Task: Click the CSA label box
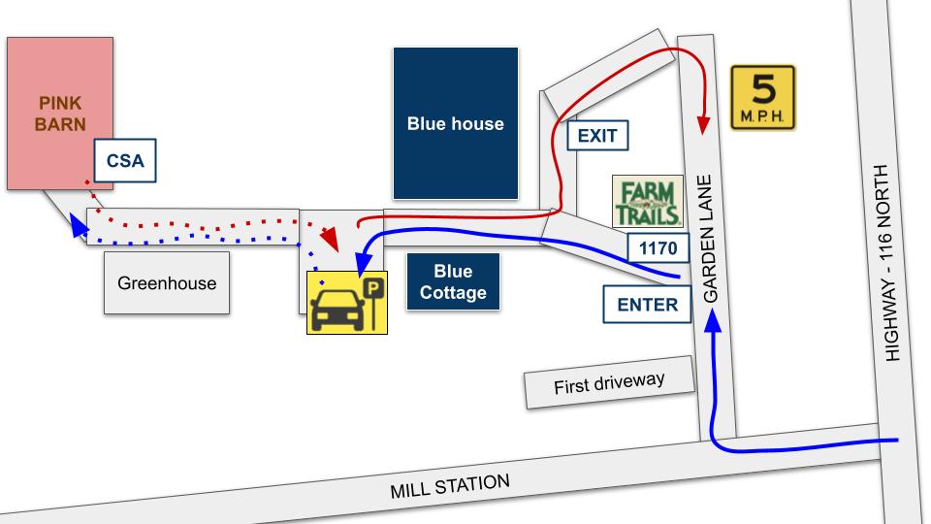click(125, 161)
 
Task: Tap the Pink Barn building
click(60, 113)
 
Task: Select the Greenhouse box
click(167, 283)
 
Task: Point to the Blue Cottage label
click(453, 281)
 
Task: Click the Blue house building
click(455, 123)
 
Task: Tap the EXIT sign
click(597, 135)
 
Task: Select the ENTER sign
click(648, 304)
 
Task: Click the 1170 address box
click(658, 248)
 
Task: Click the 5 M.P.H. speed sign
click(762, 98)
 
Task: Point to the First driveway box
click(610, 384)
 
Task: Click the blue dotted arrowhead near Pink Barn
click(75, 227)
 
